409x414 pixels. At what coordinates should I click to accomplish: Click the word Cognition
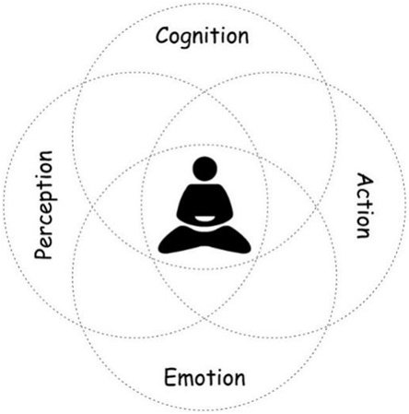[x=202, y=37]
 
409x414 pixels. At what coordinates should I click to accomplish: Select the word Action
[x=366, y=206]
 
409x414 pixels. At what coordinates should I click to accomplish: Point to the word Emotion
[x=204, y=377]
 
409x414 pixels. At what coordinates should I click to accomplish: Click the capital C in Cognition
[x=163, y=35]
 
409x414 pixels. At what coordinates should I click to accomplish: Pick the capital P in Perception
[x=43, y=251]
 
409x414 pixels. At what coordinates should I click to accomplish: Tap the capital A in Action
[x=366, y=181]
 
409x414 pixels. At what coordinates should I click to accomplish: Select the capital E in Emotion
[x=170, y=377]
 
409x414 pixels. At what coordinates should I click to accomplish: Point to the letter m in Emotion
[x=190, y=379]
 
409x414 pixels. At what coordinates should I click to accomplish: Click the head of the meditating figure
[x=204, y=169]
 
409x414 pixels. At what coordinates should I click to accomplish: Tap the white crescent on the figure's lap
[x=204, y=219]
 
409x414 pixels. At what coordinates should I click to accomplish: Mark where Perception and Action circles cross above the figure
[x=204, y=92]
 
